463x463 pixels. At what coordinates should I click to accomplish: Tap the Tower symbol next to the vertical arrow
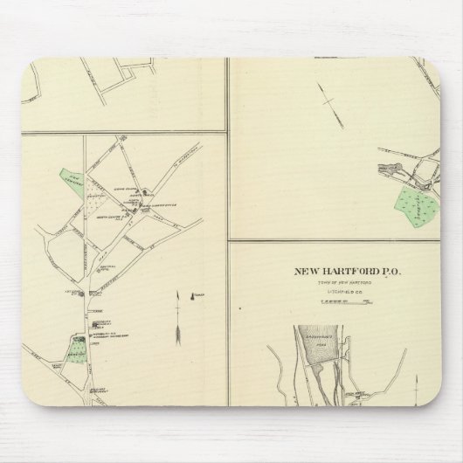[x=197, y=295]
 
